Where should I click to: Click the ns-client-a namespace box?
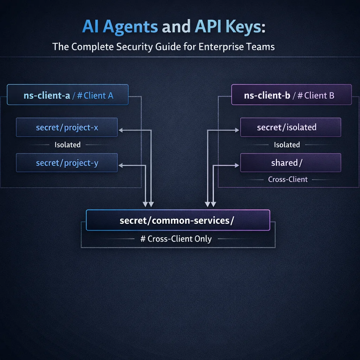click(67, 95)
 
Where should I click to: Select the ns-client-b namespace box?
click(291, 95)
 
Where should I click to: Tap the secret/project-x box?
click(67, 127)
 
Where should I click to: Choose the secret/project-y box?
click(67, 163)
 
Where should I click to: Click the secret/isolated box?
click(290, 127)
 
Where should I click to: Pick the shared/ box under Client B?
click(290, 163)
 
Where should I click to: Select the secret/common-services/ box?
click(178, 220)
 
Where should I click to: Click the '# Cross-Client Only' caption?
click(176, 239)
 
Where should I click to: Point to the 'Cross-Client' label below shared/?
click(288, 179)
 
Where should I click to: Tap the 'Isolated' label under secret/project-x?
click(67, 144)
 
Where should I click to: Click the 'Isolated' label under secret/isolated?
click(287, 144)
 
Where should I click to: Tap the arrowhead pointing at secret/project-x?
click(121, 130)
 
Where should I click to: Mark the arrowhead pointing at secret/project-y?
click(121, 165)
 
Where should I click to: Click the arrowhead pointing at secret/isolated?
click(237, 130)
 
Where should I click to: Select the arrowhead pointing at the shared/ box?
click(237, 165)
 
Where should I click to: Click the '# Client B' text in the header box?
click(316, 95)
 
